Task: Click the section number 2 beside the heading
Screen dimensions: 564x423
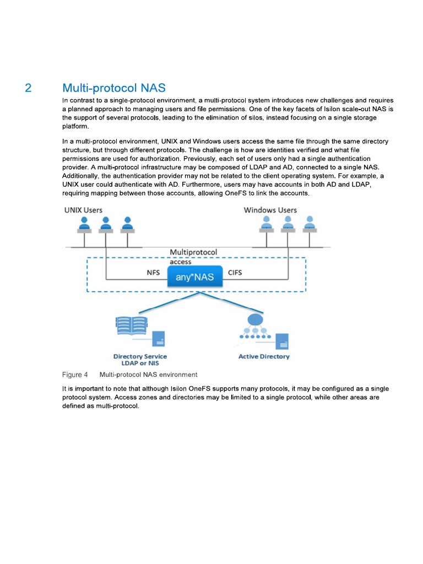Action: tap(29, 88)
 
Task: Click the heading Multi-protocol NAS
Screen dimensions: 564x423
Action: tap(113, 88)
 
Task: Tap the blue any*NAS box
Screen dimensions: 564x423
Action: tap(195, 277)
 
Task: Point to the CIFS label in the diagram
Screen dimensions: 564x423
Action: tap(235, 273)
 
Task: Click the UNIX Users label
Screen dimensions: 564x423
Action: tap(83, 210)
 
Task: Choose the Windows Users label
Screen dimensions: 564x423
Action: tap(270, 210)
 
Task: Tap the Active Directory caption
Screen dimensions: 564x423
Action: tap(263, 356)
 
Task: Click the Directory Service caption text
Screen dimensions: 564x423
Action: tap(140, 356)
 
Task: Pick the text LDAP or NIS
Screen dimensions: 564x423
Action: tap(140, 364)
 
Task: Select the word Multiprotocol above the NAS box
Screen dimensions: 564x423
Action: tap(193, 252)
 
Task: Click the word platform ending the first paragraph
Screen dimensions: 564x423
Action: tap(75, 126)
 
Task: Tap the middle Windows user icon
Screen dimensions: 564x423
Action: tap(287, 224)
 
